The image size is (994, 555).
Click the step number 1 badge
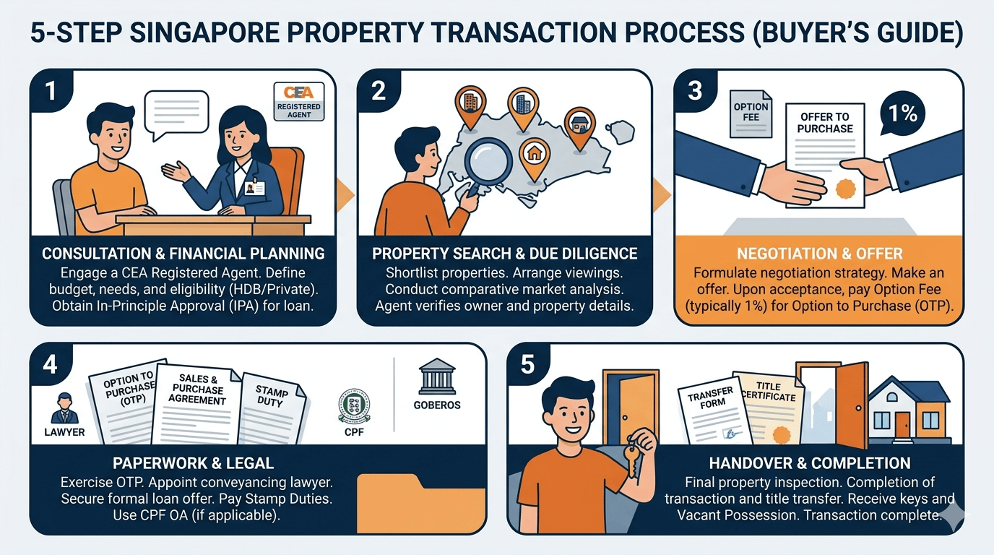point(49,89)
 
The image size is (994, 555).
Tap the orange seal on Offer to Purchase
point(844,189)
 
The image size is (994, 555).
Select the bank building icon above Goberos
point(436,377)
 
